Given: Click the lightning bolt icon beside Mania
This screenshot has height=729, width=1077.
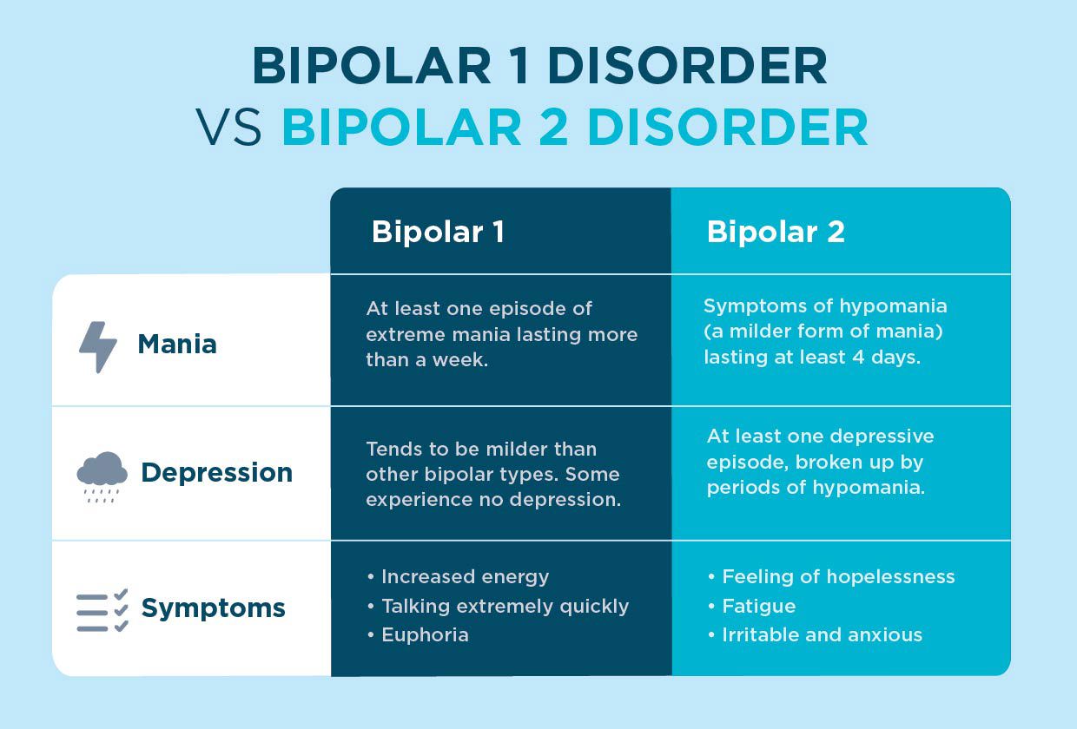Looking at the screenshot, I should click(98, 346).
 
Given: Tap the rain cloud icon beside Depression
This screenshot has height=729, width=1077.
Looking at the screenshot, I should click(102, 475).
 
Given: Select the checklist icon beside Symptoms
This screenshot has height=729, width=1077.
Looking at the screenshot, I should click(102, 609).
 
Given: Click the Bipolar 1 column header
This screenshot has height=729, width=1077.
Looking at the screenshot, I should click(438, 232).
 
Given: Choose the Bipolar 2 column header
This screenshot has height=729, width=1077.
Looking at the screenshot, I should click(776, 232).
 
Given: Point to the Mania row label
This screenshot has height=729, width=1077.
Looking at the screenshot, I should click(177, 345).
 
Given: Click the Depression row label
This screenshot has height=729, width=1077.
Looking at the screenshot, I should click(216, 473).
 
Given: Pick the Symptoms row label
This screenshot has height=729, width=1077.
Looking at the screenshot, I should click(213, 607).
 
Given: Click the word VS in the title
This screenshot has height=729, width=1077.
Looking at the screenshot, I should click(229, 128).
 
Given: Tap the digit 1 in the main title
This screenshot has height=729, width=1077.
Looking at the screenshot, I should click(519, 66).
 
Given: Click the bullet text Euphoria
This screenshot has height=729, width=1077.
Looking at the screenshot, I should click(425, 634).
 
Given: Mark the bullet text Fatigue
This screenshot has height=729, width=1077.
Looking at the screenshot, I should click(758, 606).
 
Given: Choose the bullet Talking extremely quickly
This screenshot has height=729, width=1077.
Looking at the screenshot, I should click(505, 606).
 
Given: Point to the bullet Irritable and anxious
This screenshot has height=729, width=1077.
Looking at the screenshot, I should click(822, 634).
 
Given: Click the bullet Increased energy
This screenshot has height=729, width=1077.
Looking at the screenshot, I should click(465, 577).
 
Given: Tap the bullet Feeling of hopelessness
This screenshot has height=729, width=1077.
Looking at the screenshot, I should click(838, 577).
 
